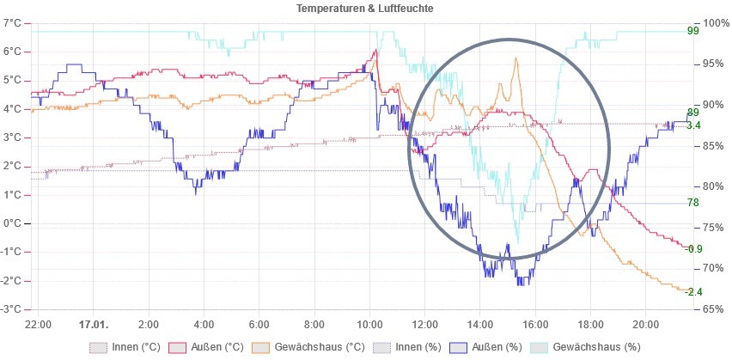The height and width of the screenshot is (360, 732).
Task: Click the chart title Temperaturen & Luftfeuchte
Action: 364,9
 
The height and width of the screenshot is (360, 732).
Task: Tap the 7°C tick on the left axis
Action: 12,22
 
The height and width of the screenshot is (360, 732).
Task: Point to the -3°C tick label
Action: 11,309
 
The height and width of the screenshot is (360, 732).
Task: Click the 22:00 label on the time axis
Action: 39,325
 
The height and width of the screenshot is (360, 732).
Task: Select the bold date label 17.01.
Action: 93,325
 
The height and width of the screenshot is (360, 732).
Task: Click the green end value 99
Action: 693,32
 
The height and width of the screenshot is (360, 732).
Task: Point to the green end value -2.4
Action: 695,291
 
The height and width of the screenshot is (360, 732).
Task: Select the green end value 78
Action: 693,203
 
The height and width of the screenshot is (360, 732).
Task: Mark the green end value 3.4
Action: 694,125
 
